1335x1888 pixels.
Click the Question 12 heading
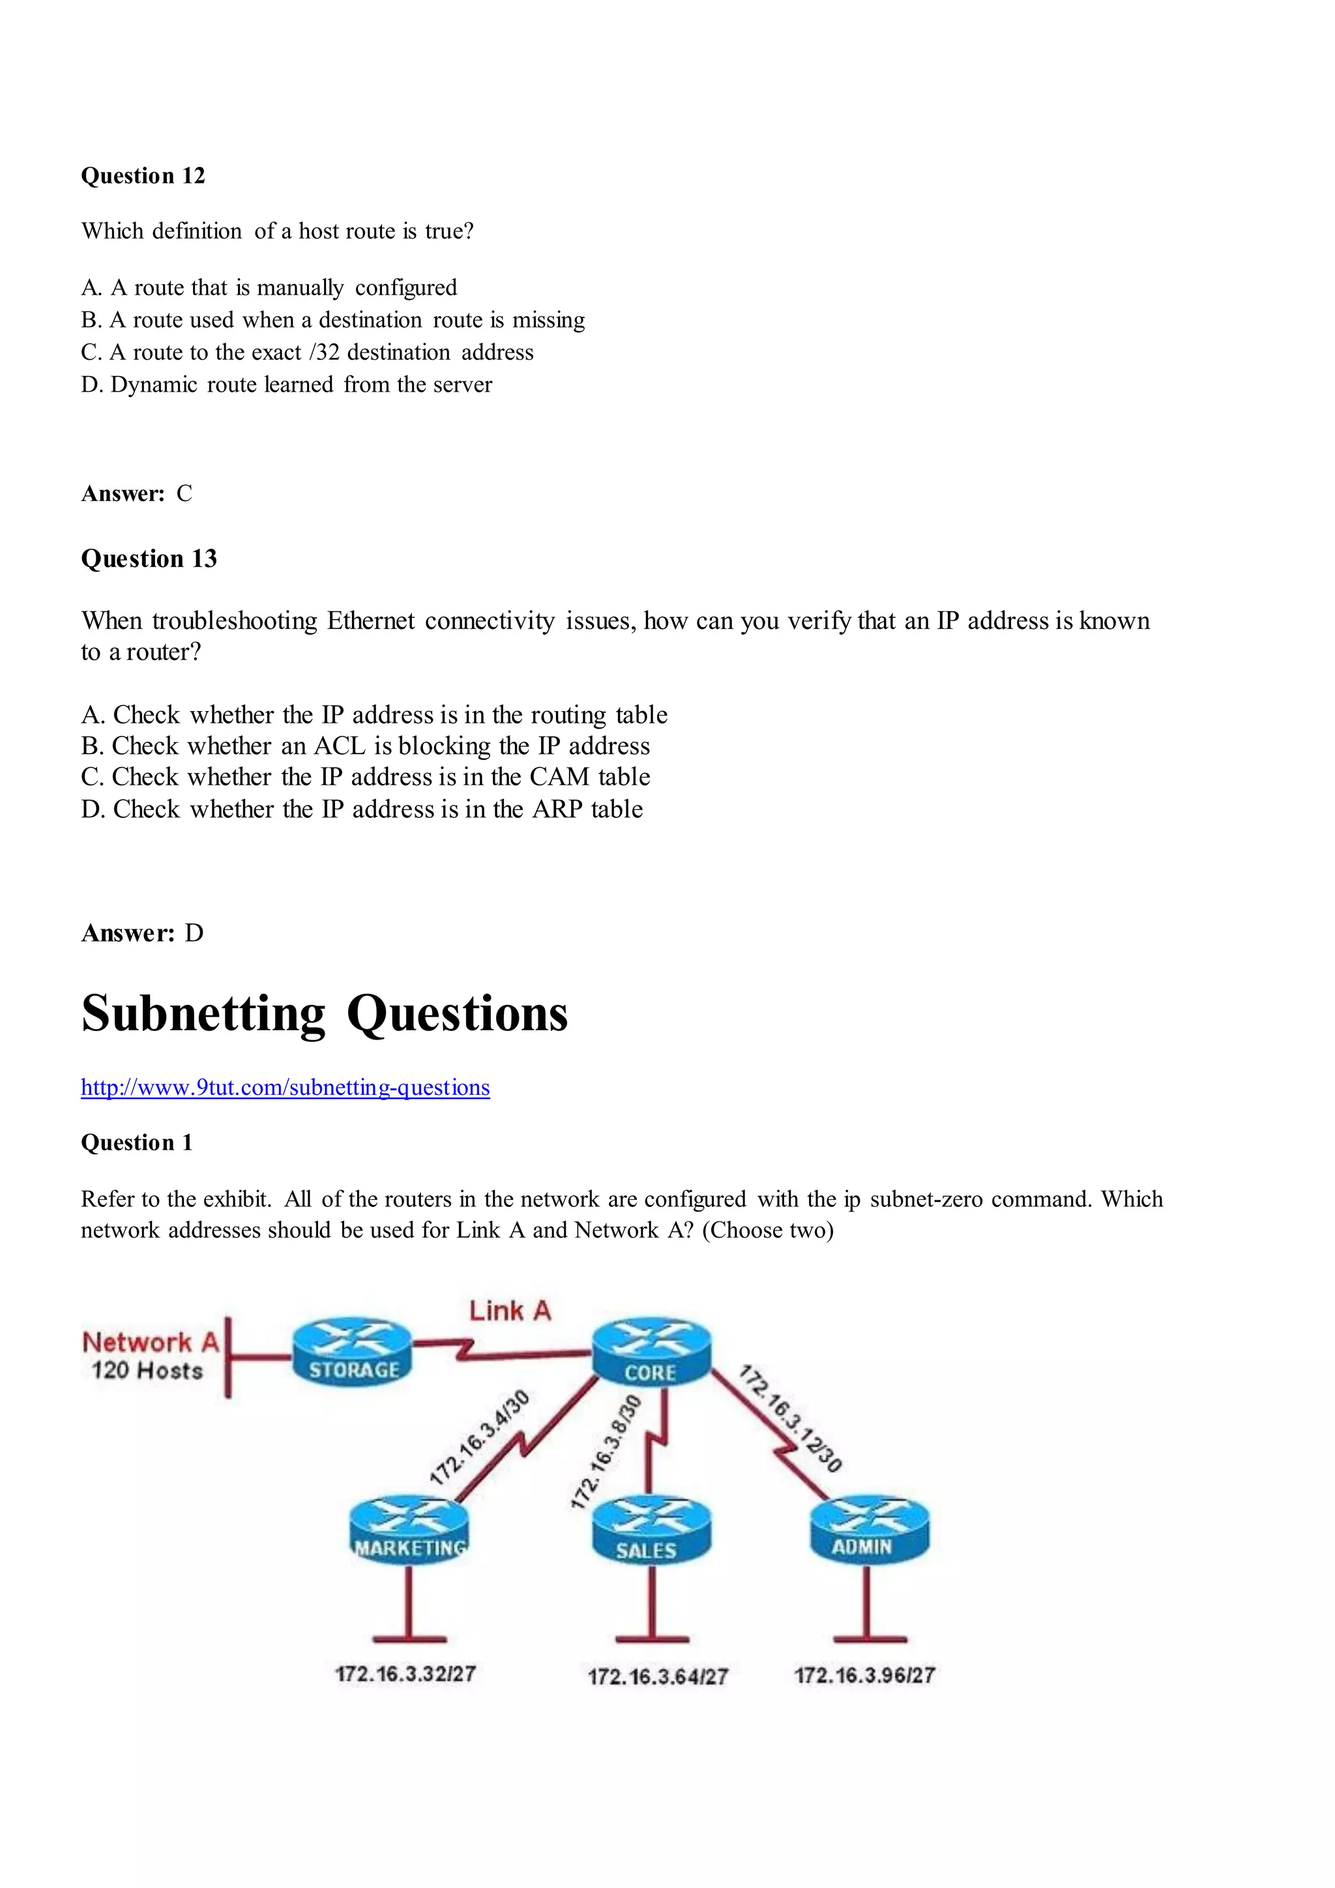pos(143,176)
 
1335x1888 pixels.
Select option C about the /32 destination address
pos(307,353)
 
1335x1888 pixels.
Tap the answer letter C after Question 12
pos(184,493)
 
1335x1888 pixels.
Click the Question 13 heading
pos(149,559)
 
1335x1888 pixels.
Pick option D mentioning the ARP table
pos(362,809)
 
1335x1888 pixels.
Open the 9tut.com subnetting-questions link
pos(285,1088)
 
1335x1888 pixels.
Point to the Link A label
pos(510,1311)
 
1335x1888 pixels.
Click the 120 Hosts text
pos(147,1371)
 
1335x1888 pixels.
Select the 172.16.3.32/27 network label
pos(405,1674)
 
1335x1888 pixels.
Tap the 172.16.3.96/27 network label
pos(864,1676)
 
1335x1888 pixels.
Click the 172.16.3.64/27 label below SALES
pos(658,1677)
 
